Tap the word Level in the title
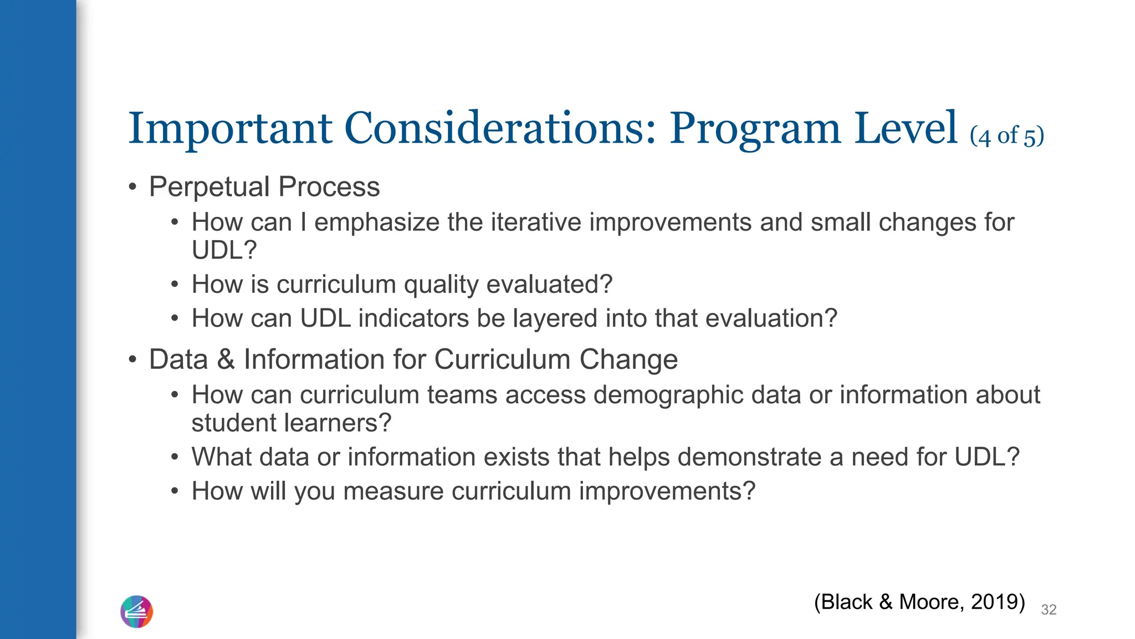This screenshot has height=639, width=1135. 906,129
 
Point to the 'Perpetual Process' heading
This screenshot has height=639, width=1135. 264,187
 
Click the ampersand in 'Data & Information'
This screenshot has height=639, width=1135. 226,359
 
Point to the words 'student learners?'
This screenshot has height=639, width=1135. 292,423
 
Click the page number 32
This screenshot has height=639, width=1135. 1049,610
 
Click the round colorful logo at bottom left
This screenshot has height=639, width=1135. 136,612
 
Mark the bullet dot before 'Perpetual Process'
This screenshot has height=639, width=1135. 132,187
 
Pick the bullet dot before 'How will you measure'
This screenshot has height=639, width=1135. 175,491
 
